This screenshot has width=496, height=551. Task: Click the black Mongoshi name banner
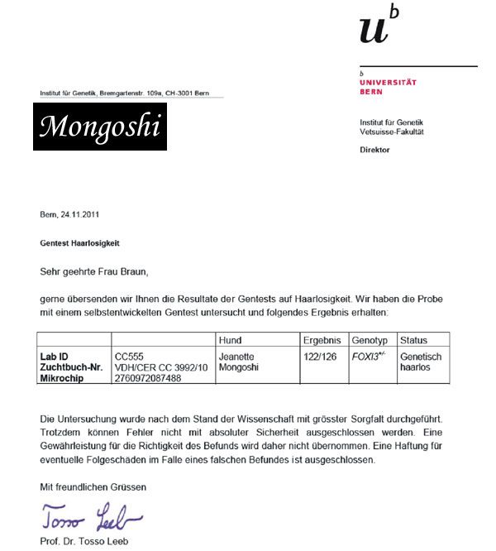[x=100, y=127]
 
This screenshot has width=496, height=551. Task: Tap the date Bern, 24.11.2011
[x=70, y=215]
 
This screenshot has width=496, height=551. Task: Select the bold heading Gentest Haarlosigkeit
[x=79, y=243]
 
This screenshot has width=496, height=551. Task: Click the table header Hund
[x=230, y=341]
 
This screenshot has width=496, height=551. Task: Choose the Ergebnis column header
[x=322, y=341]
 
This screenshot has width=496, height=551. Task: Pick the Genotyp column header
[x=370, y=341]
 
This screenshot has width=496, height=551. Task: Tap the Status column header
[x=413, y=341]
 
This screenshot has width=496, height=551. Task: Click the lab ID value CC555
[x=129, y=357]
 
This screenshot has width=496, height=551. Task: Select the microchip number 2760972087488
[x=147, y=377]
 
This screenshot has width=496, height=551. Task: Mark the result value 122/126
[x=321, y=357]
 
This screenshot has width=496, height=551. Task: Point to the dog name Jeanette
[x=237, y=357]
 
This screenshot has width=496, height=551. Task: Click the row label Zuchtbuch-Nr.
[x=72, y=367]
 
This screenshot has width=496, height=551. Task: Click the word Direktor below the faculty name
[x=374, y=150]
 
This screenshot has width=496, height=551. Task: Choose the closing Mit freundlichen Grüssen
[x=93, y=487]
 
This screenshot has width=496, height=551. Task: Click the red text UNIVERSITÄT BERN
[x=388, y=87]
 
